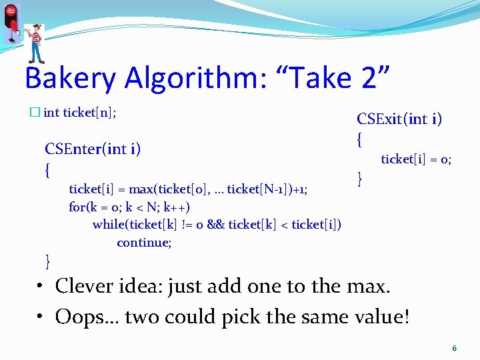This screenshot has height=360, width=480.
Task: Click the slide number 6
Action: click(x=454, y=348)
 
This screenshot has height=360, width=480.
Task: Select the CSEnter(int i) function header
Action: click(x=92, y=148)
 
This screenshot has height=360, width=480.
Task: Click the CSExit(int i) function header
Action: click(x=399, y=119)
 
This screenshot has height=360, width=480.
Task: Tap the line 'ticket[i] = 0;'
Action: click(x=416, y=159)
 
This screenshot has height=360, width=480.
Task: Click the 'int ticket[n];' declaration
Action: click(x=80, y=113)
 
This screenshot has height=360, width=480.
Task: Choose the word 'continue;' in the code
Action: click(x=144, y=243)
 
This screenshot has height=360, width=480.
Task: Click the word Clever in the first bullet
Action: click(x=83, y=286)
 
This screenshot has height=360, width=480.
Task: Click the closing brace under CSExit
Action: click(x=361, y=179)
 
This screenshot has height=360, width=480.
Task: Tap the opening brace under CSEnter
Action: click(x=47, y=170)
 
